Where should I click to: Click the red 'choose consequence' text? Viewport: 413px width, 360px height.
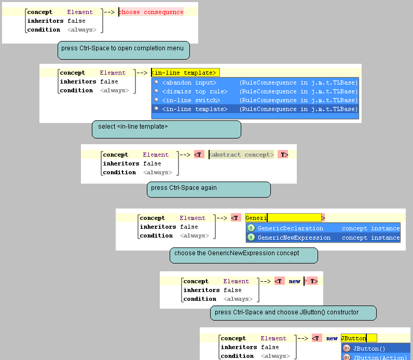151,12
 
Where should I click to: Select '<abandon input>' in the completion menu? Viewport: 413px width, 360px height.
189,82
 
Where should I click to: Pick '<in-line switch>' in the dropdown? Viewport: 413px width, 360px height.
190,100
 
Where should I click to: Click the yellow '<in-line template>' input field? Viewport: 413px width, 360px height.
185,73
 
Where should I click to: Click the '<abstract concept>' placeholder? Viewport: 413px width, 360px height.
242,155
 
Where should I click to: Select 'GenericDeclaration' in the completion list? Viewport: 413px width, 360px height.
290,228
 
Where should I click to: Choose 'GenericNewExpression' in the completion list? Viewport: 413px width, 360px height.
294,238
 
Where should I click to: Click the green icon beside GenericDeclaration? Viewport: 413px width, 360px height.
251,228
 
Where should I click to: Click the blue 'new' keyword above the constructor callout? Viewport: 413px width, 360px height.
294,281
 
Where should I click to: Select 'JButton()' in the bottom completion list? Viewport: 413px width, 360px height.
369,349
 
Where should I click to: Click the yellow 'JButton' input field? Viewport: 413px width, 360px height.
358,338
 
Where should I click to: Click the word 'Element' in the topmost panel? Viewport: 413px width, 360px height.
80,12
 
